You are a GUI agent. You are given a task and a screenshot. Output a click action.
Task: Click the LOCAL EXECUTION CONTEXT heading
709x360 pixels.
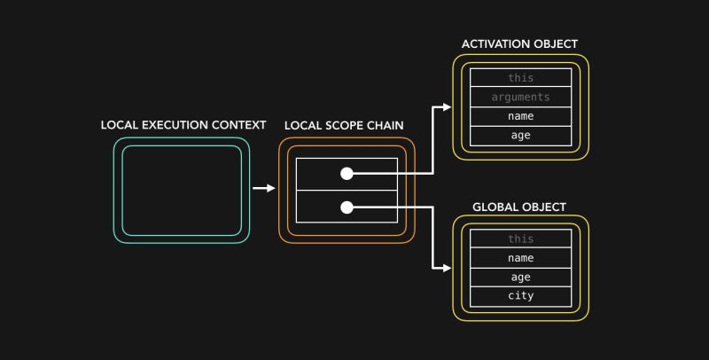183,125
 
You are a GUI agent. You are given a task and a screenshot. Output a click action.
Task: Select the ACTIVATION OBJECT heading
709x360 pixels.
520,43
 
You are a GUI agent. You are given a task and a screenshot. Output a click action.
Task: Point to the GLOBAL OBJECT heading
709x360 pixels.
519,207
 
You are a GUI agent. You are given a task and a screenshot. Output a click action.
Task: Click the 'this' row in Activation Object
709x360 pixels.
520,78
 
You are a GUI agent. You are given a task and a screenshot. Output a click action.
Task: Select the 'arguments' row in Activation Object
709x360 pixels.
520,97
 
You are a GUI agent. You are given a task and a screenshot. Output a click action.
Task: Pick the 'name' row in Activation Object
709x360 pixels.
520,116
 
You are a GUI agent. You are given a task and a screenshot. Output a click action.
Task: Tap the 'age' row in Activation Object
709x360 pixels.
520,136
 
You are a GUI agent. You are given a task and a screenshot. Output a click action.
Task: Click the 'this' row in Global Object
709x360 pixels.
520,239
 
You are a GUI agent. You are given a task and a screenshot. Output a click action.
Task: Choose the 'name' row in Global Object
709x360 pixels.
520,257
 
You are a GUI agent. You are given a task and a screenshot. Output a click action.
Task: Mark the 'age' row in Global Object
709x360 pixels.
520,277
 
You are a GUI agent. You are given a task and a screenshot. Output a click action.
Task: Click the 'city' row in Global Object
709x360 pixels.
520,295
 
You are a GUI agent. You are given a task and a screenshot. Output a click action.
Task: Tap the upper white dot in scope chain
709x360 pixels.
347,174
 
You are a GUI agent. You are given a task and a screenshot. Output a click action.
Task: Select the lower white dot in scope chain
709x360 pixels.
347,207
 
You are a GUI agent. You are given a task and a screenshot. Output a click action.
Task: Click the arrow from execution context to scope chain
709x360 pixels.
263,188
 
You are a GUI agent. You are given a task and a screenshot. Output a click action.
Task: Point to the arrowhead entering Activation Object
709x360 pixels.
447,107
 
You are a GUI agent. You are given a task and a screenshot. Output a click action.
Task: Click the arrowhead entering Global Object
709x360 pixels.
447,267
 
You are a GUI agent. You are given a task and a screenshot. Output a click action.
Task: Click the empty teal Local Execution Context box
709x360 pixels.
182,190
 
